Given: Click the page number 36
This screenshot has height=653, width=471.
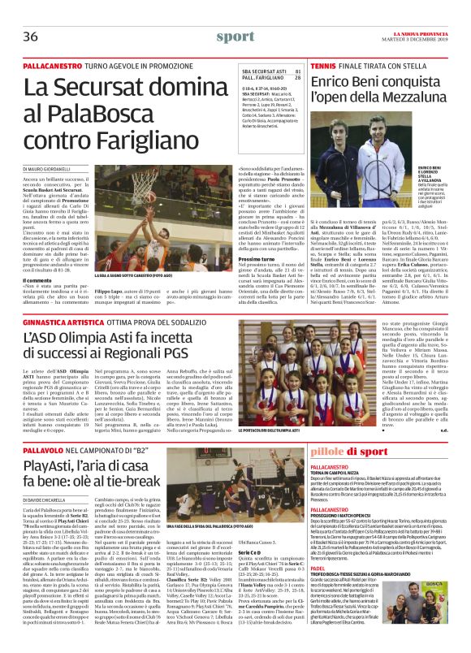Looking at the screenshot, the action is pos(32,37).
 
